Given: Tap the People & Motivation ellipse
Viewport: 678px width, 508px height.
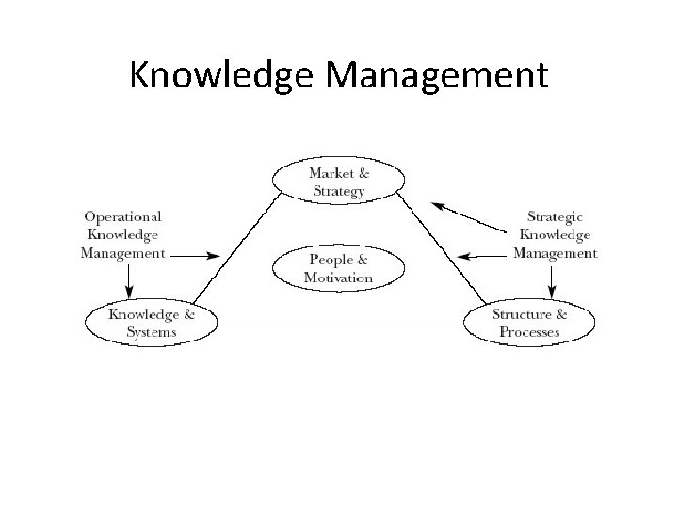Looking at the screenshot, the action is click(338, 268).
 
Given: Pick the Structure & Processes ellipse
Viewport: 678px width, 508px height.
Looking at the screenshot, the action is click(529, 323).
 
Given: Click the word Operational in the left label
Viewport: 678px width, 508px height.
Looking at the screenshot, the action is click(122, 216).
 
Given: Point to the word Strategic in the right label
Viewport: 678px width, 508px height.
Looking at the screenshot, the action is click(556, 216).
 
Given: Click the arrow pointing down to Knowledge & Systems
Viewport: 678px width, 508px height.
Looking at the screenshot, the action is click(130, 280).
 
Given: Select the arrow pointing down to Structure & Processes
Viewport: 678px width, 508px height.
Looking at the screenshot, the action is click(550, 280).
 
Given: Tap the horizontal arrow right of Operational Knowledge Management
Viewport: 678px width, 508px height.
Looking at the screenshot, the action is click(199, 255).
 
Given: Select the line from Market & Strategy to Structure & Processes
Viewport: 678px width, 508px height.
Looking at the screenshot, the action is click(437, 249).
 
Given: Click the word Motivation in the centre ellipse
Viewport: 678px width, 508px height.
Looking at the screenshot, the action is click(338, 278).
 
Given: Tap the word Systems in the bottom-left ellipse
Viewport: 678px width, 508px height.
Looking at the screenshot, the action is click(151, 332).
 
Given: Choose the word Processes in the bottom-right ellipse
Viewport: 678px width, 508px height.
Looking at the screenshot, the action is click(529, 332).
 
